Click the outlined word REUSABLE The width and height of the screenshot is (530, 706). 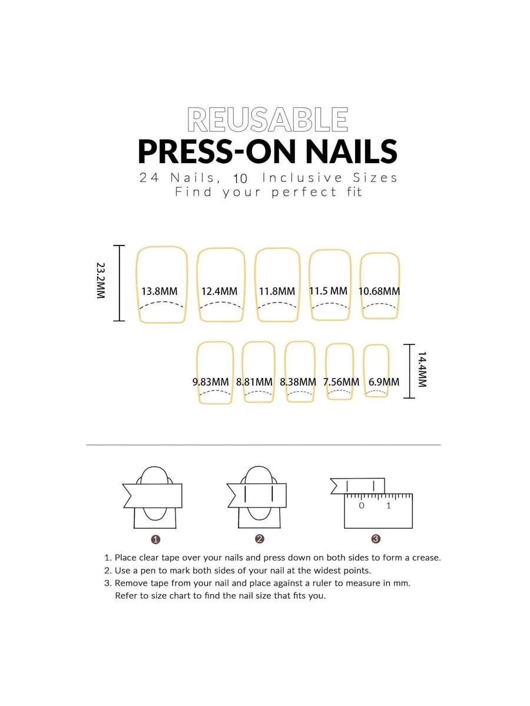pyautogui.click(x=267, y=120)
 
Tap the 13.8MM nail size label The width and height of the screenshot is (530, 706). pyautogui.click(x=160, y=291)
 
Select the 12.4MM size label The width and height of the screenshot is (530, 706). pyautogui.click(x=219, y=291)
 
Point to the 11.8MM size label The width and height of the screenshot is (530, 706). pyautogui.click(x=277, y=291)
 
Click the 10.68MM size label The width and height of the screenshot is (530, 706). pyautogui.click(x=379, y=291)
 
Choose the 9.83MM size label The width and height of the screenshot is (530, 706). pyautogui.click(x=211, y=382)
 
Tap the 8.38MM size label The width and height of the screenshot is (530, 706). pyautogui.click(x=298, y=382)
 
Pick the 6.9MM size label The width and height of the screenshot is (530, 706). pyautogui.click(x=383, y=382)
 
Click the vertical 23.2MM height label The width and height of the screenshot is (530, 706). pyautogui.click(x=101, y=280)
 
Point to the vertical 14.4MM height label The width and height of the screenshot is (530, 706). pyautogui.click(x=422, y=370)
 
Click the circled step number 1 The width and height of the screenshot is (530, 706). pyautogui.click(x=156, y=539)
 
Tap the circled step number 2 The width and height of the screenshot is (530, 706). pyautogui.click(x=259, y=539)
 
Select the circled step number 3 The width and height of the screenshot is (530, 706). pyautogui.click(x=376, y=539)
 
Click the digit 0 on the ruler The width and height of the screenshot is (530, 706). pyautogui.click(x=362, y=506)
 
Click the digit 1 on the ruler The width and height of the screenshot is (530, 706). pyautogui.click(x=389, y=506)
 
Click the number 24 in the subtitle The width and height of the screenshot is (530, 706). pyautogui.click(x=149, y=178)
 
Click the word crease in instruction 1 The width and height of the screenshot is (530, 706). pyautogui.click(x=425, y=558)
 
